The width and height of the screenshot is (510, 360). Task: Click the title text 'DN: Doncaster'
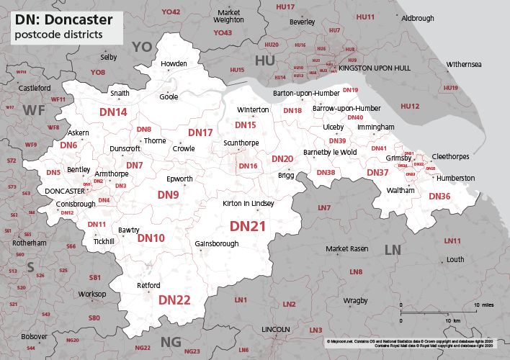(x=61, y=19)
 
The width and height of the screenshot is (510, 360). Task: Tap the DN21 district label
(x=248, y=226)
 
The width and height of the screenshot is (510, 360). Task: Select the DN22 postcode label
(x=174, y=300)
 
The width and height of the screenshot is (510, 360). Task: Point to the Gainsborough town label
(x=217, y=244)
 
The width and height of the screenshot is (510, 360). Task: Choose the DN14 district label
(x=113, y=112)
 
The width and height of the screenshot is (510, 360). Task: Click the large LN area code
(x=393, y=250)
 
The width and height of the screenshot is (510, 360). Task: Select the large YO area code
(x=142, y=47)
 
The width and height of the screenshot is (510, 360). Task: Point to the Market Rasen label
(x=346, y=248)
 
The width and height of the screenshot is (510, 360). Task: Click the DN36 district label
(x=439, y=196)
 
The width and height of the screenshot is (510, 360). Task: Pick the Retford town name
(x=148, y=286)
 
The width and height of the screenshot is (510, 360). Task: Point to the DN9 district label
(x=168, y=195)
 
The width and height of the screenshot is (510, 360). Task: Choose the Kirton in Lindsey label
(x=249, y=204)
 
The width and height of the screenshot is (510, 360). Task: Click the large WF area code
(x=34, y=109)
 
